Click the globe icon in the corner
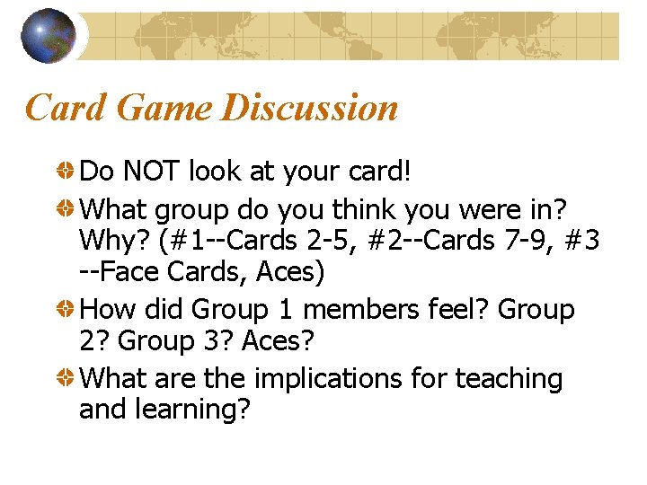pos(48,35)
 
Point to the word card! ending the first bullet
pos(376,170)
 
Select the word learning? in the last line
pos(193,410)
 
